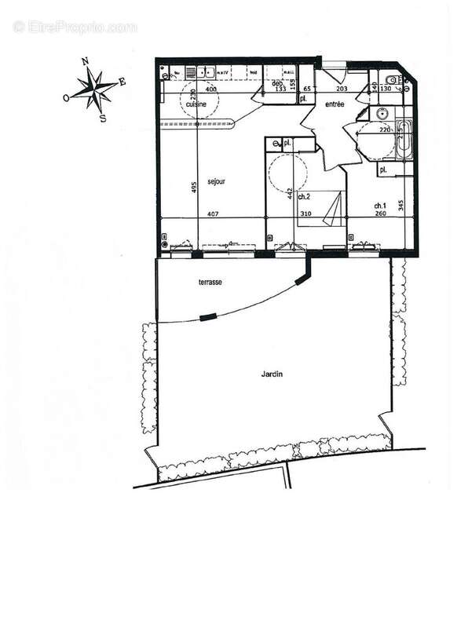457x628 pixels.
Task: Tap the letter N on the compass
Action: click(x=86, y=61)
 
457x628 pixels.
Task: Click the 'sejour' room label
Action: click(x=217, y=181)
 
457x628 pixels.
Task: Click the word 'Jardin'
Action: click(x=272, y=374)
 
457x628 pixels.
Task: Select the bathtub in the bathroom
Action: click(x=403, y=140)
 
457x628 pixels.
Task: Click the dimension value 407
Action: click(x=211, y=214)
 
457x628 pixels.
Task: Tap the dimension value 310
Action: click(x=305, y=214)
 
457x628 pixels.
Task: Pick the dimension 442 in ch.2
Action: click(x=291, y=192)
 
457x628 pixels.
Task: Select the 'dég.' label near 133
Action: click(x=277, y=83)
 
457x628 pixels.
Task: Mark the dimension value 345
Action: click(x=400, y=206)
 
